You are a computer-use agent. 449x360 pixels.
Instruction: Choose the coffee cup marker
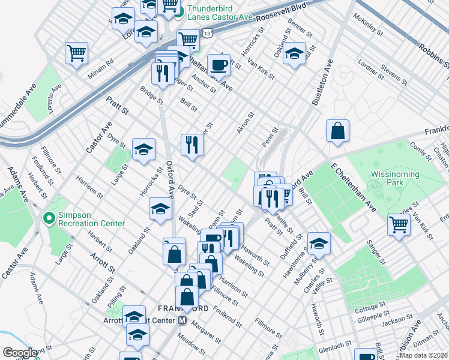(x=218, y=65)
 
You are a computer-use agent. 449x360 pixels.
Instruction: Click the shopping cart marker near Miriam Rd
(x=77, y=53)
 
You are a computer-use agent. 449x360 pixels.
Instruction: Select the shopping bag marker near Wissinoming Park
(x=338, y=131)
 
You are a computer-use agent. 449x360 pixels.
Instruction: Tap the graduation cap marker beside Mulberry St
(x=319, y=243)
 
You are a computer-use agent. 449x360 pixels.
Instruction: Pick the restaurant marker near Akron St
(x=192, y=145)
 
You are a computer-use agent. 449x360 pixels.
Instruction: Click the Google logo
(x=20, y=352)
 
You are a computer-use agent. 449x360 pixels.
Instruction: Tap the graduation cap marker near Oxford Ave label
(x=160, y=209)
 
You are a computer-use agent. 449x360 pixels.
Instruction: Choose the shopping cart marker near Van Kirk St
(x=399, y=225)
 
